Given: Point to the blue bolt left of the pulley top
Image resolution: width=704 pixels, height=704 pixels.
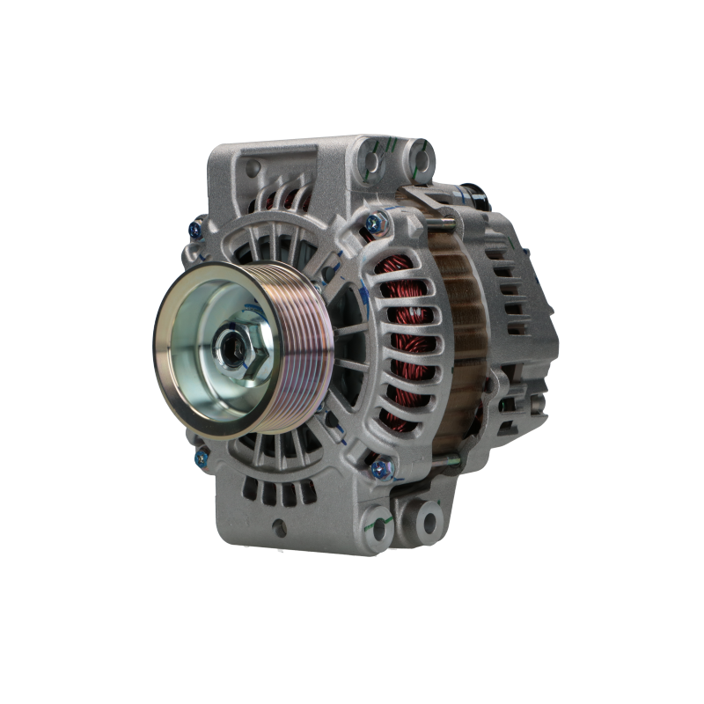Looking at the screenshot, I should coord(195,231).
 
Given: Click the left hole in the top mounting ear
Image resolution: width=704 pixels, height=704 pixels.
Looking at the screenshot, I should coord(376,161).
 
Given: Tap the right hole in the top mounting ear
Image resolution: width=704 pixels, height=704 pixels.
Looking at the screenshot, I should coord(423,161).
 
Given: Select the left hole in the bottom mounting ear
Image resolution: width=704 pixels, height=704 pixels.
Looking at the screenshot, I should coord(379,523).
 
